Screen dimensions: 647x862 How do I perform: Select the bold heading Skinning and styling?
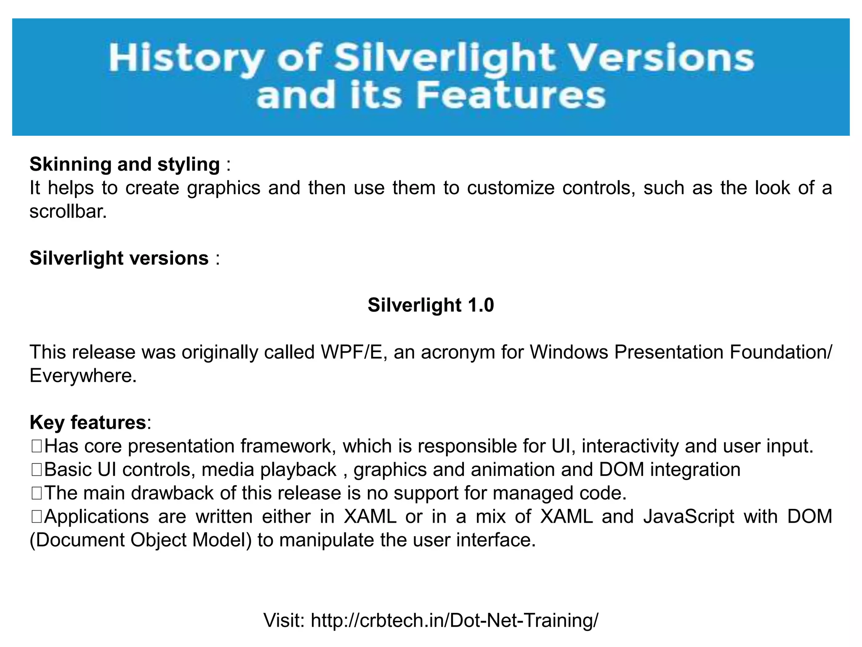(125, 164)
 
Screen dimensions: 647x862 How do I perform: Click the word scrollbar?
(68, 211)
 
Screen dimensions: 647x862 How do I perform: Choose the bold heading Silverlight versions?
(119, 258)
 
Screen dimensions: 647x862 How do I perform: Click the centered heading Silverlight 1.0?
(431, 305)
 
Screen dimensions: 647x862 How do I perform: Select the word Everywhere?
(82, 375)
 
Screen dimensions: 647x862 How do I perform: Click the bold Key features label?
(88, 422)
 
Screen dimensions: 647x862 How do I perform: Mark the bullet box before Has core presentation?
(36, 446)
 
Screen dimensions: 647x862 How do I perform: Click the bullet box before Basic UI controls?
(36, 470)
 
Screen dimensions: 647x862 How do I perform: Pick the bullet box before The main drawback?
(36, 493)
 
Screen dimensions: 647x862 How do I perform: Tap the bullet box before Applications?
(36, 517)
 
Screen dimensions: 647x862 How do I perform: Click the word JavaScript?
(689, 517)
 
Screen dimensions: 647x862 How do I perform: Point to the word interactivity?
(630, 446)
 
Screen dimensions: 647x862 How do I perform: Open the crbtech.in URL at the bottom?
(454, 620)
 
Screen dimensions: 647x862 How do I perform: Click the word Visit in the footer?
(284, 620)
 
